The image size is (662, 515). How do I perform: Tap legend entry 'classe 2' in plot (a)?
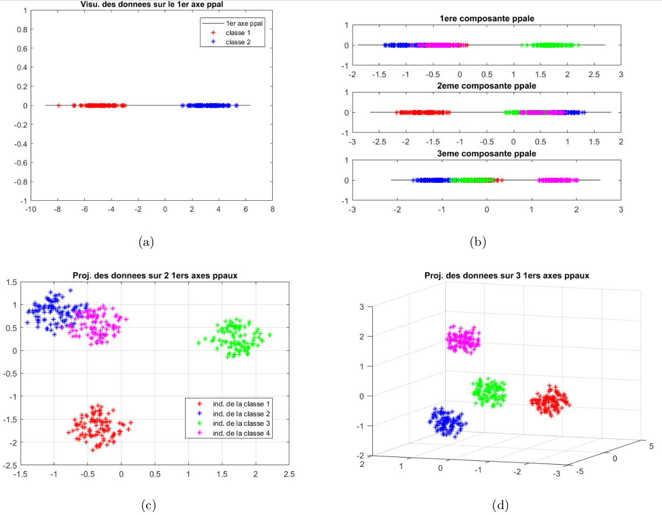tap(238, 42)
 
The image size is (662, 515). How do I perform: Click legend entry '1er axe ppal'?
tap(242, 24)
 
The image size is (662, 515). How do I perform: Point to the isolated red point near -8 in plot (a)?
tap(59, 106)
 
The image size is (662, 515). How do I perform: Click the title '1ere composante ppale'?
tap(487, 19)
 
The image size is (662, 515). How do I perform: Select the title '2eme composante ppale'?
tap(487, 86)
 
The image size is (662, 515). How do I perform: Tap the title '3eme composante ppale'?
tap(487, 154)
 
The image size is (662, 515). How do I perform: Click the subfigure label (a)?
tap(146, 242)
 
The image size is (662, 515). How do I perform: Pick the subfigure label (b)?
tap(478, 242)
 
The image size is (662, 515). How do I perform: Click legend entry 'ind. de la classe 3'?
tap(241, 424)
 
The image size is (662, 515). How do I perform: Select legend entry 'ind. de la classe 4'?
tap(241, 433)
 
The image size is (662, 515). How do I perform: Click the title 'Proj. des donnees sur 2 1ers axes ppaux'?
tap(155, 275)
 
